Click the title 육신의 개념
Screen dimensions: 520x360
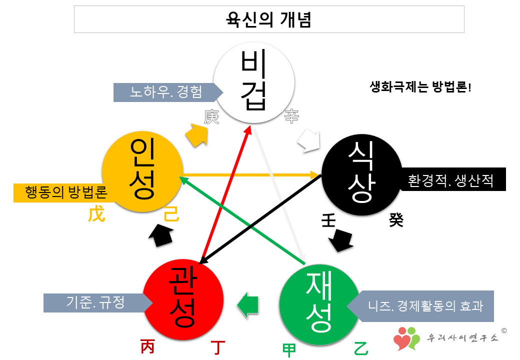pos(269,20)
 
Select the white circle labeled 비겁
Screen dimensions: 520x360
pos(253,80)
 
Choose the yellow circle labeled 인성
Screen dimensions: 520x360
pos(141,170)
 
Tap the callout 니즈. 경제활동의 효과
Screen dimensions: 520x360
pos(425,305)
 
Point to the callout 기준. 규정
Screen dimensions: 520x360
pos(95,302)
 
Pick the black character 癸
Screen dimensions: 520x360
pos(395,220)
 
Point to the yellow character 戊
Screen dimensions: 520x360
pos(96,215)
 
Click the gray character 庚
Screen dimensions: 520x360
pos(211,116)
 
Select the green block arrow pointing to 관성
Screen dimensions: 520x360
pos(248,304)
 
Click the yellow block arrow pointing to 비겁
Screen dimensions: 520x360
pos(197,133)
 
